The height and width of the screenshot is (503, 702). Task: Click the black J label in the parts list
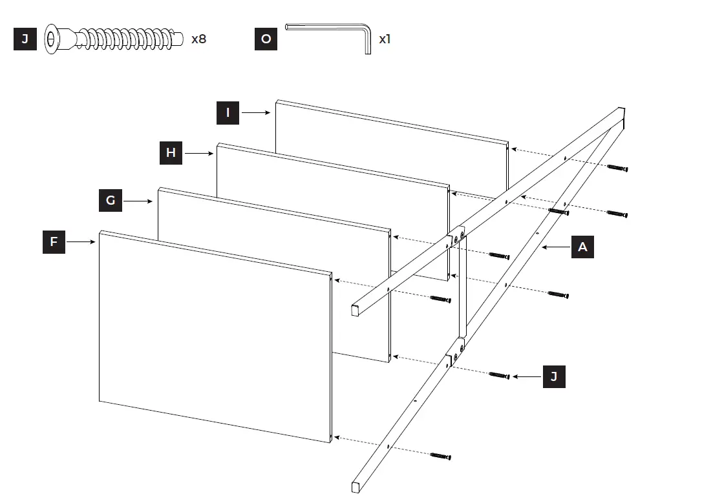tap(25, 39)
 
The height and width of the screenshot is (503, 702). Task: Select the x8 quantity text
tap(198, 39)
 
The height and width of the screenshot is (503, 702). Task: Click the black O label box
tap(266, 39)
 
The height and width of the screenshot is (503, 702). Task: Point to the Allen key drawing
tap(330, 36)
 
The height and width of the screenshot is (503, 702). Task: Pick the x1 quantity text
tap(385, 39)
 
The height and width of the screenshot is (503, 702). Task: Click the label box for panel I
tap(228, 112)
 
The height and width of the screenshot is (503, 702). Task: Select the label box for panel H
tap(171, 152)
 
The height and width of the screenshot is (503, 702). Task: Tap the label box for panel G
tap(111, 200)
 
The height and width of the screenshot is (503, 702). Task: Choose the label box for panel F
tap(54, 242)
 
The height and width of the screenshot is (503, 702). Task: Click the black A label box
tap(582, 247)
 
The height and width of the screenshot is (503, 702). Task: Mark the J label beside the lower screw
tap(553, 376)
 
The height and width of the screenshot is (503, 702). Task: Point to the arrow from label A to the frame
tap(556, 247)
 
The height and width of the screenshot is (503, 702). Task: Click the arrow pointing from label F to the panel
tap(81, 242)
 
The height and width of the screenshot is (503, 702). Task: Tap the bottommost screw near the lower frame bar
tap(440, 457)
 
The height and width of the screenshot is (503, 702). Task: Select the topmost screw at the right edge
tap(617, 168)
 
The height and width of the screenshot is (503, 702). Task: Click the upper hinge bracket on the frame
tap(458, 236)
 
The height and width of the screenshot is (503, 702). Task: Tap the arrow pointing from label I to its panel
tap(255, 112)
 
